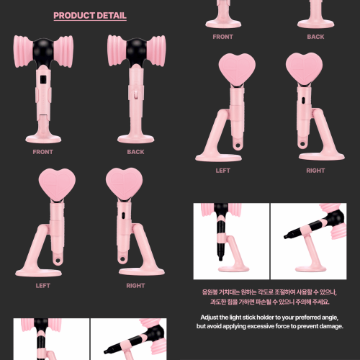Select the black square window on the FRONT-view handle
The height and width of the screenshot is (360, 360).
pyautogui.click(x=43, y=79)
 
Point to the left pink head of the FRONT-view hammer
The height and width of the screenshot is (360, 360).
pyautogui.click(x=23, y=52)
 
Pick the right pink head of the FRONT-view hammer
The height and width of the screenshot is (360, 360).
pyautogui.click(x=63, y=52)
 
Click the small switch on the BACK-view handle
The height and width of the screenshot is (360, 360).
pyautogui.click(x=136, y=94)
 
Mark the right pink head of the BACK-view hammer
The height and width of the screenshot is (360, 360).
pyautogui.click(x=156, y=51)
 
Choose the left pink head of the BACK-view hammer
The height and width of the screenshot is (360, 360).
pyautogui.click(x=117, y=50)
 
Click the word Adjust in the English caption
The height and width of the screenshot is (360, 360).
pyautogui.click(x=209, y=318)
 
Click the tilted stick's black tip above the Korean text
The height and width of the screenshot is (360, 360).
pyautogui.click(x=286, y=237)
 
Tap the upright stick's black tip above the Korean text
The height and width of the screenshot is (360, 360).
pyautogui.click(x=220, y=258)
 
